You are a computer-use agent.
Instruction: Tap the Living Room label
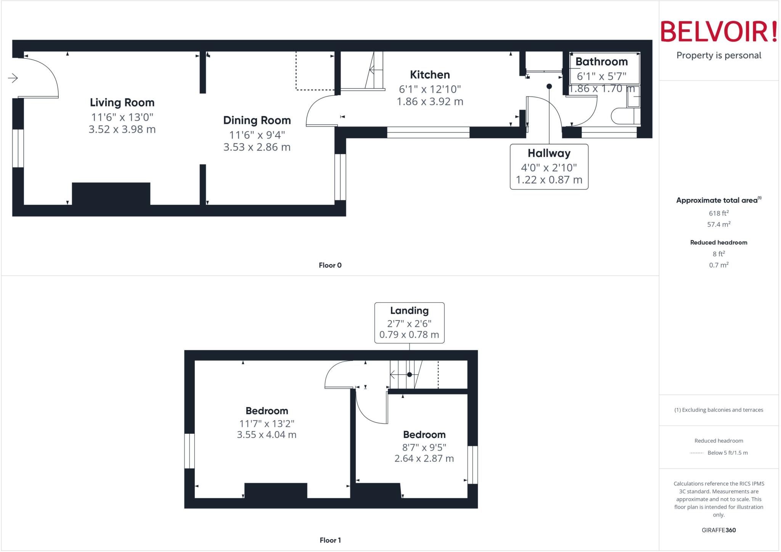point(122,102)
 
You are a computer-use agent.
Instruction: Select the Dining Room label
point(257,120)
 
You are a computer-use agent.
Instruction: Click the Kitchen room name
point(430,75)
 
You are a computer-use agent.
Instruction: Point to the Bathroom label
point(601,62)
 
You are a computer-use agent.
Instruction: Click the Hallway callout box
point(549,167)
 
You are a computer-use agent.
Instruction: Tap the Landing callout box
point(409,323)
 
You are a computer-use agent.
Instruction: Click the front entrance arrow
point(13,78)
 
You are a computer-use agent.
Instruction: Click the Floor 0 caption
point(330,265)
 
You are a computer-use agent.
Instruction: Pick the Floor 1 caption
point(330,540)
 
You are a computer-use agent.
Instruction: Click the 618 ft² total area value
point(718,213)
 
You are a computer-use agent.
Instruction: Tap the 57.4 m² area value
point(718,224)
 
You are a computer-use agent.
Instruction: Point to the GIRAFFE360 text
point(718,530)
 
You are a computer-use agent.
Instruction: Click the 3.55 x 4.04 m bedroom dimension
point(267,435)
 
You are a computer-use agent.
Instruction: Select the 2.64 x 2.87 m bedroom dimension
point(424,458)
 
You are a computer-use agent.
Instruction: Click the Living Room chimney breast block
point(111,194)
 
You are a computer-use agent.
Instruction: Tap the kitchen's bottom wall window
point(428,132)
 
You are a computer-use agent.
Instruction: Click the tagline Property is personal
point(718,55)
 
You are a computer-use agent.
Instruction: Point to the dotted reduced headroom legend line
point(696,453)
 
